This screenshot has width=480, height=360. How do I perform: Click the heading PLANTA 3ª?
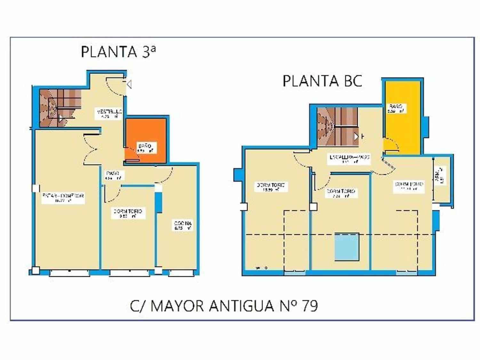pos(118,52)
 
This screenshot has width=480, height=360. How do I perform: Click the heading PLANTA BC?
pos(322,81)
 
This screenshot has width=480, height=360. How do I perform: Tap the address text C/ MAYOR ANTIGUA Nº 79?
pos(224,306)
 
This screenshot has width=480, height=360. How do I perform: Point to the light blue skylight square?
pos(347,247)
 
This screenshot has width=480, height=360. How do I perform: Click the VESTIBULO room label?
pos(109,114)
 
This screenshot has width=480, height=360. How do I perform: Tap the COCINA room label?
pos(183,226)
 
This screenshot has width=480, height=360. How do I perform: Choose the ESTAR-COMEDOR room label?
pos(63,198)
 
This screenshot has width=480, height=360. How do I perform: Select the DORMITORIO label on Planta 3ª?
pos(128,213)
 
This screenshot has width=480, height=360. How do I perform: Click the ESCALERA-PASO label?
pos(349,159)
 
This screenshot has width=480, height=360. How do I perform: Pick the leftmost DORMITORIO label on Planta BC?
pos(270,187)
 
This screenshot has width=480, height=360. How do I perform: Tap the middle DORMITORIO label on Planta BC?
pos(341,193)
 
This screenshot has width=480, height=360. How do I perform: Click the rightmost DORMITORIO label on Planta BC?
pos(409,186)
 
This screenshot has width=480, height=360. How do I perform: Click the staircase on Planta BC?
pos(337,126)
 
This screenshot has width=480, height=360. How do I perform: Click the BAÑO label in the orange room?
pos(145,148)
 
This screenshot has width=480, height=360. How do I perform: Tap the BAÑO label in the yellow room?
pos(396,108)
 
